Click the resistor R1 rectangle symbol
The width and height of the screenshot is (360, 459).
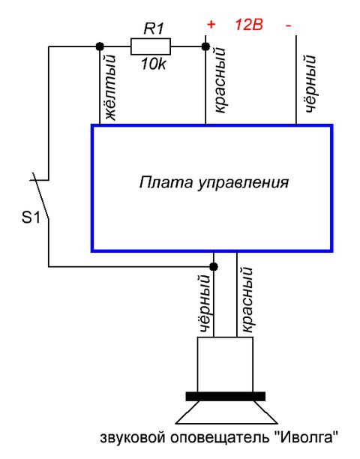pos(151,46)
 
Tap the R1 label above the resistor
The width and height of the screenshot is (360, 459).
pos(154,28)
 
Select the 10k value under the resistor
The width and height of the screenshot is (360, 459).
pos(153,64)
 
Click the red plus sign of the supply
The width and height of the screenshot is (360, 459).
pos(211,25)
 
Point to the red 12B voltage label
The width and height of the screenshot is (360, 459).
pos(249,25)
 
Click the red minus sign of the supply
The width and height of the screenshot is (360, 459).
pos(289,25)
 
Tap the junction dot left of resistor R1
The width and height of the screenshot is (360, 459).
pos(100,46)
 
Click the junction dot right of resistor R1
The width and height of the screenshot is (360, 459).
pos(205,46)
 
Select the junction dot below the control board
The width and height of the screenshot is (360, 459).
pos(214,267)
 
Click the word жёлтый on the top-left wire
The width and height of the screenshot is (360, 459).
pos(111,88)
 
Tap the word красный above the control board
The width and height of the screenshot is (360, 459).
pos(220,80)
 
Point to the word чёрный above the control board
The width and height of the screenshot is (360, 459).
pos(310,84)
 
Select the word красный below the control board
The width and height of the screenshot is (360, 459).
pos(246,299)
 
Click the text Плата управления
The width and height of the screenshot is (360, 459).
pos(214,182)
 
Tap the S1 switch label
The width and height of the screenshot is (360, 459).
pos(31,217)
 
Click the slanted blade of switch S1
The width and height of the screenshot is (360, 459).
pos(40,196)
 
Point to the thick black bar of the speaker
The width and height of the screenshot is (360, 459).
pos(226,396)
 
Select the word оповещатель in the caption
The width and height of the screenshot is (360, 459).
pos(220,439)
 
